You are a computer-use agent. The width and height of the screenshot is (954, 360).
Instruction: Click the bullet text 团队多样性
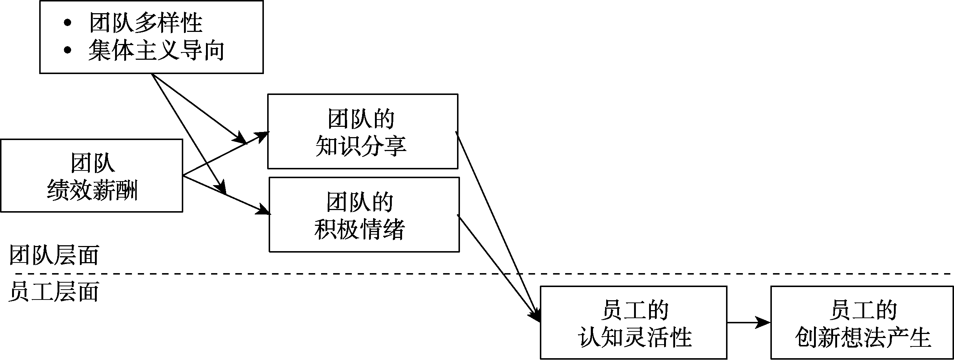click(146, 23)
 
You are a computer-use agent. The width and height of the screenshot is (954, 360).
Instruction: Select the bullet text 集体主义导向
click(156, 51)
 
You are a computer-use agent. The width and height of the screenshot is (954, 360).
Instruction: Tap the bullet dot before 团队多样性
click(67, 23)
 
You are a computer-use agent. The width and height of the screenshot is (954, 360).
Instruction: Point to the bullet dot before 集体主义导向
click(67, 50)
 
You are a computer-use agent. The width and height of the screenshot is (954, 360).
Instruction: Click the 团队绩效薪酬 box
click(92, 175)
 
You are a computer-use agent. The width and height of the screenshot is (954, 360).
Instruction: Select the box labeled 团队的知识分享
click(362, 132)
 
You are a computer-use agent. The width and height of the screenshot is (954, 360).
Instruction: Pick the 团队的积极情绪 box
click(364, 215)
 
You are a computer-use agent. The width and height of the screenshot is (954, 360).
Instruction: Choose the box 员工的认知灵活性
click(633, 322)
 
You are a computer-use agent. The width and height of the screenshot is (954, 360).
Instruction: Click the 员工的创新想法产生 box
click(862, 322)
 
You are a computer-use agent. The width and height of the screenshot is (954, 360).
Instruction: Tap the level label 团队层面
click(54, 255)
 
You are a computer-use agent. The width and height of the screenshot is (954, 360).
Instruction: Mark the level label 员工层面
click(54, 292)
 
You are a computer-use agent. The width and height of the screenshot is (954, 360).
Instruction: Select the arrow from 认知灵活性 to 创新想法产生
click(748, 323)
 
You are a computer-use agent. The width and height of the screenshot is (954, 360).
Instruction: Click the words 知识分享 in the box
click(361, 146)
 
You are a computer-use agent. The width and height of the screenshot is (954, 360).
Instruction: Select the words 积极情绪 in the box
click(359, 229)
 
